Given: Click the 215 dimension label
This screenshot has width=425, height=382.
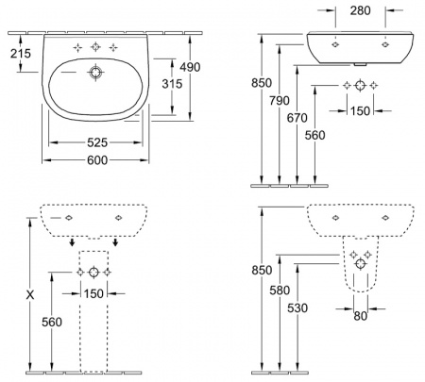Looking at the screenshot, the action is pyautogui.click(x=21, y=53).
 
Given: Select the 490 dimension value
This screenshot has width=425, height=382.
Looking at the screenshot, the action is pyautogui.click(x=190, y=67).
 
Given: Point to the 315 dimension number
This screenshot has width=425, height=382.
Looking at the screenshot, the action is pyautogui.click(x=172, y=84).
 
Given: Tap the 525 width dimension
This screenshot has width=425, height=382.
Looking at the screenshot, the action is pyautogui.click(x=97, y=142).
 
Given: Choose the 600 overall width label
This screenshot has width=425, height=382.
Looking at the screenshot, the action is pyautogui.click(x=97, y=160).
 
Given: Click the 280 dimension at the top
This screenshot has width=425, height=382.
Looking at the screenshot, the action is pyautogui.click(x=360, y=10).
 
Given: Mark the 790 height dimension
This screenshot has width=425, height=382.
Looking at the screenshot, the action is pyautogui.click(x=280, y=101).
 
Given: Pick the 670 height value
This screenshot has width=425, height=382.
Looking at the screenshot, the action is pyautogui.click(x=297, y=118).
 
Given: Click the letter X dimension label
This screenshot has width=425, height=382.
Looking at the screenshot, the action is pyautogui.click(x=30, y=295).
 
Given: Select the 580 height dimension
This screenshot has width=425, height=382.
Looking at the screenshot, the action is pyautogui.click(x=280, y=291).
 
